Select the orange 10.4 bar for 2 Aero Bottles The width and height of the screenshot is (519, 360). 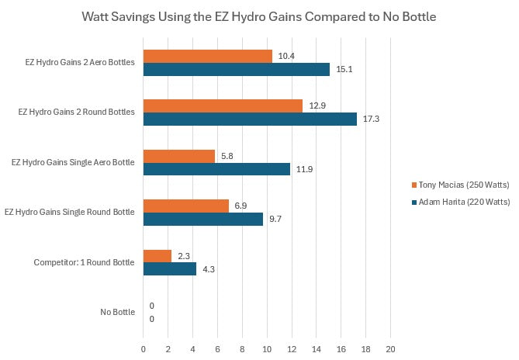[207, 56]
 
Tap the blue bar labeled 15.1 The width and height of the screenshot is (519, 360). [237, 69]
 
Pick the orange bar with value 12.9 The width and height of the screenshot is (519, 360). [223, 106]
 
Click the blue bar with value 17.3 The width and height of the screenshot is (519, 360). [250, 119]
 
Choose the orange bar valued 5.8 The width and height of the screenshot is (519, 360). [179, 156]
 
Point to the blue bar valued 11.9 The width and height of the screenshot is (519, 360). [216, 169]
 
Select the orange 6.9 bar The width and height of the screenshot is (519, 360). [186, 206]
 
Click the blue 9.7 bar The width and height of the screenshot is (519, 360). [203, 219]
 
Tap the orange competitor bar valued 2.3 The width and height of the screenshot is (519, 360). [157, 255]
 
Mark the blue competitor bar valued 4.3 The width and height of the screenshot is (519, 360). [170, 269]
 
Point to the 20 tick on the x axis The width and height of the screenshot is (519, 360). [391, 348]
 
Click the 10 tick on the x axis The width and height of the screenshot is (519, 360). [267, 348]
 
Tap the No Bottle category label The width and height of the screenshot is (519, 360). [117, 313]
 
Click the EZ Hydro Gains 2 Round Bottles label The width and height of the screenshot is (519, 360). [77, 112]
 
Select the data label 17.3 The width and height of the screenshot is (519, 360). [371, 119]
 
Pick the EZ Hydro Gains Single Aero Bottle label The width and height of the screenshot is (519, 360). [74, 162]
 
